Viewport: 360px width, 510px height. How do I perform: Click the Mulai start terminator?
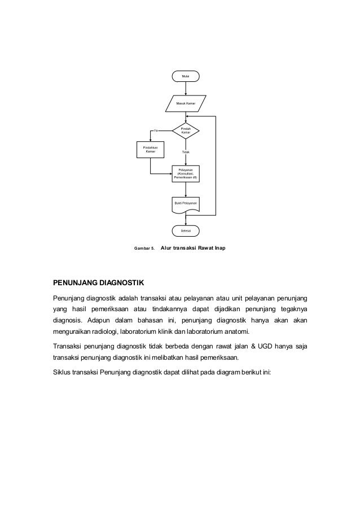[186, 75]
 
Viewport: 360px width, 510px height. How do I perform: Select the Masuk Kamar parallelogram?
[186, 104]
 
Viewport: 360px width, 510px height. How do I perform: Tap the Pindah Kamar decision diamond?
[186, 130]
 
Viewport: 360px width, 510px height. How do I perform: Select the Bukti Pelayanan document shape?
[186, 203]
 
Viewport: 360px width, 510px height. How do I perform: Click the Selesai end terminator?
[186, 230]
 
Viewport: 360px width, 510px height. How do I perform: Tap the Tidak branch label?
[186, 152]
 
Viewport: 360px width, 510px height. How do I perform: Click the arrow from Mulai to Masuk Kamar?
[186, 88]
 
